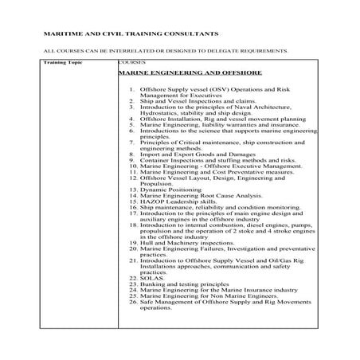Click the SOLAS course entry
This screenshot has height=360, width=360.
[152, 277]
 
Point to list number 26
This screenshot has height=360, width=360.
[131, 303]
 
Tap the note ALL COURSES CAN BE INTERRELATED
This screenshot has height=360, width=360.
[164, 49]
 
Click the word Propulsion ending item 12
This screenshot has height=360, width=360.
[157, 183]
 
